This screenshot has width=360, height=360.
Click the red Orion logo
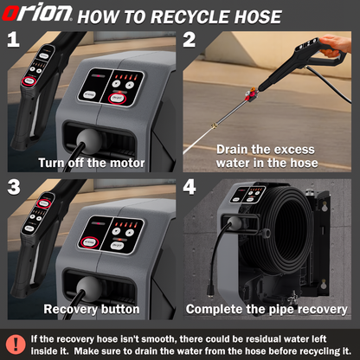[x=37, y=13]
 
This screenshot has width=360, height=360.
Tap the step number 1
[x=13, y=40]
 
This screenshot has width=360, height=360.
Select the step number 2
[x=190, y=40]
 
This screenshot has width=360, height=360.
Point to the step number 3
[x=14, y=187]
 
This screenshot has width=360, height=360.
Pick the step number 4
[x=190, y=187]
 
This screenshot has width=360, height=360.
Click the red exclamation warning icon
[x=16, y=344]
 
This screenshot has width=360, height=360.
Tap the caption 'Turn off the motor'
[x=92, y=163]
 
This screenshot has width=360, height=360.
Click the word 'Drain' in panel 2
[x=233, y=150]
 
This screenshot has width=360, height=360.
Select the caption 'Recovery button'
[x=92, y=309]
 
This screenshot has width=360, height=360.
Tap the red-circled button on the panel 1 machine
[x=118, y=98]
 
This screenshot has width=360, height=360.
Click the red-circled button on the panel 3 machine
[x=89, y=242]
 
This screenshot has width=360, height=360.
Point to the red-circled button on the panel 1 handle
[x=29, y=80]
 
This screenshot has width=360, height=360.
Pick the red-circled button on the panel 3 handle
[x=44, y=203]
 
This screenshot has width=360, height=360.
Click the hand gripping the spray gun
[x=336, y=45]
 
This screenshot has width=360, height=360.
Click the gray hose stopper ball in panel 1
[x=89, y=138]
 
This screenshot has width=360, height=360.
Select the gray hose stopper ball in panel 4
[x=235, y=223]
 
